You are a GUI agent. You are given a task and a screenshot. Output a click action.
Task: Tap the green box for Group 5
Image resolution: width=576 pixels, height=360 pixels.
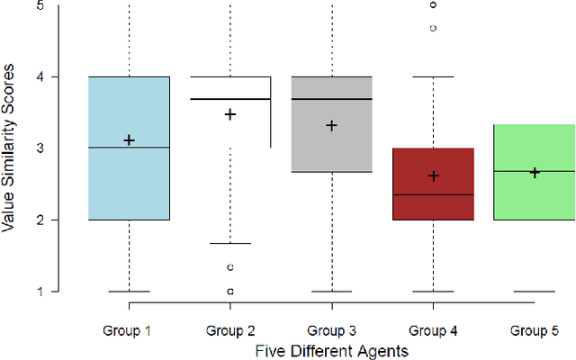(534, 193)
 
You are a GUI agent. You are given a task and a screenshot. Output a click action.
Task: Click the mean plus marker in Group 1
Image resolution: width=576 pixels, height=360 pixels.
(129, 140)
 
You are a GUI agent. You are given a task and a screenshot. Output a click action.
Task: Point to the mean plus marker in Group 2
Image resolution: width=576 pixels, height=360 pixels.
(230, 114)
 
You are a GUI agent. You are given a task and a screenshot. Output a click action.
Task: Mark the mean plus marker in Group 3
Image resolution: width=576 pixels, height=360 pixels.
(331, 126)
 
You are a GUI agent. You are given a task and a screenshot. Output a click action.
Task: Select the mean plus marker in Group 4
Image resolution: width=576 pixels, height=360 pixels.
(433, 176)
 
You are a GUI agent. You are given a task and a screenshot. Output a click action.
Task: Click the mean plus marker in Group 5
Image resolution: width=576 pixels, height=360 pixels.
(534, 172)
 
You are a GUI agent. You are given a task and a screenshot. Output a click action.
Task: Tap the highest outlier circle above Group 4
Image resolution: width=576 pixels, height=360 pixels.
(433, 4)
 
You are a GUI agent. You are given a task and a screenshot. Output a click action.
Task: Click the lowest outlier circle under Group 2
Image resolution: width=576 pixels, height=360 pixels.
(230, 292)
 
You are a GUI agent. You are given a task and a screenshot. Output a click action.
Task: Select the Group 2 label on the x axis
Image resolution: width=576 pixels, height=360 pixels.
(230, 330)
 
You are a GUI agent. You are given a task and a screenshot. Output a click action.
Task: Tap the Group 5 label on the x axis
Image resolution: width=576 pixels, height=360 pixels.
(534, 330)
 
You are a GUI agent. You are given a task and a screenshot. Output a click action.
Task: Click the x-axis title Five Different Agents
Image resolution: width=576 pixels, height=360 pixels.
(331, 349)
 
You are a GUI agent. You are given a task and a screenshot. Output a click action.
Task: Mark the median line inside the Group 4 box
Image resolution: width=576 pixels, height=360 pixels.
(433, 194)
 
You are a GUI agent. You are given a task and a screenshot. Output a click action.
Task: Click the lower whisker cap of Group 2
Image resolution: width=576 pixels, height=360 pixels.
(230, 243)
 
